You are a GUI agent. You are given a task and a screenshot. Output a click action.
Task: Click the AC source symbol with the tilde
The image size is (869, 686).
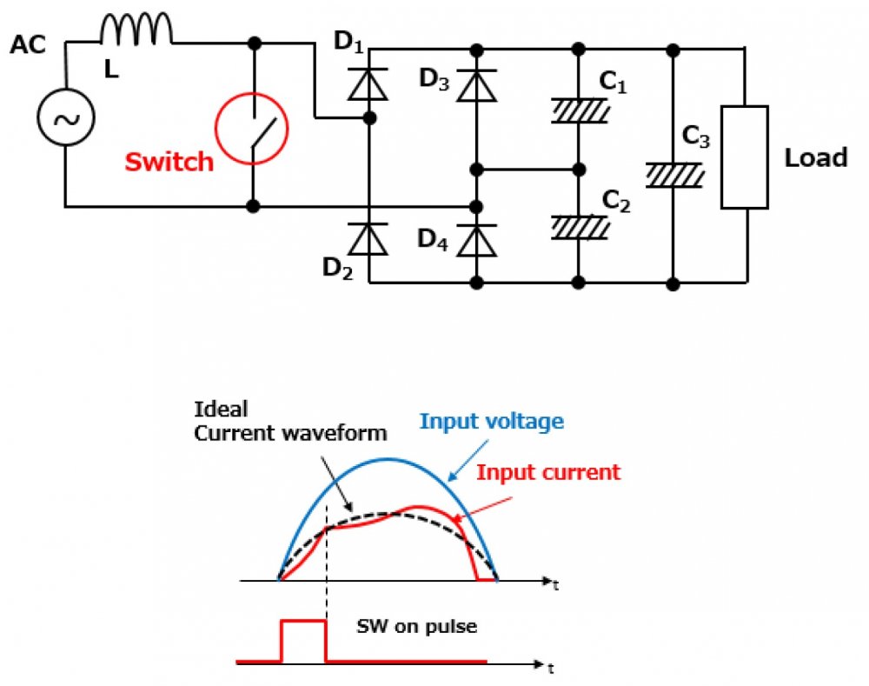[x=64, y=119]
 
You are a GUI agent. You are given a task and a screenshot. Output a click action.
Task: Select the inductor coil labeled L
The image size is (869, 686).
[x=136, y=31]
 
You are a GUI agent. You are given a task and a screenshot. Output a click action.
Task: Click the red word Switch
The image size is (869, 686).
[x=169, y=162]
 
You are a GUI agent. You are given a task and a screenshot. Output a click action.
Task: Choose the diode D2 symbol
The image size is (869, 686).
[x=369, y=238]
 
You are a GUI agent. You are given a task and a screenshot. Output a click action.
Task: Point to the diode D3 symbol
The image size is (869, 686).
[x=475, y=87]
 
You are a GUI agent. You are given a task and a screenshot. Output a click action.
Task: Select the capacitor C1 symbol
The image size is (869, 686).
[x=578, y=112]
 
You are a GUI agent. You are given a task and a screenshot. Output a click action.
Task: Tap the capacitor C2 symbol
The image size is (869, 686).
[x=578, y=228]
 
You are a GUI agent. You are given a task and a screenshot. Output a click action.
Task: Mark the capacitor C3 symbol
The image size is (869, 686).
[x=673, y=176]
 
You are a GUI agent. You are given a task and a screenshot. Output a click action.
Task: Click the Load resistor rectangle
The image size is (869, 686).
[x=745, y=157]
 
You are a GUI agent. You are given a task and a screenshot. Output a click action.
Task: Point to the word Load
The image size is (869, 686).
[x=815, y=158]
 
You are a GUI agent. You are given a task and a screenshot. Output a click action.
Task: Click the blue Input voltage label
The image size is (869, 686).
[x=492, y=423]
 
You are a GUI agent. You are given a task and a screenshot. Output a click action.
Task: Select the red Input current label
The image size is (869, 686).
[x=547, y=473]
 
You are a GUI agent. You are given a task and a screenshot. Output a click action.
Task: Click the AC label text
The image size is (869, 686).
[x=29, y=46]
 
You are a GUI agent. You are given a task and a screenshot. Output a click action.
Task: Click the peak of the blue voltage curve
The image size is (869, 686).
[x=387, y=458]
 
